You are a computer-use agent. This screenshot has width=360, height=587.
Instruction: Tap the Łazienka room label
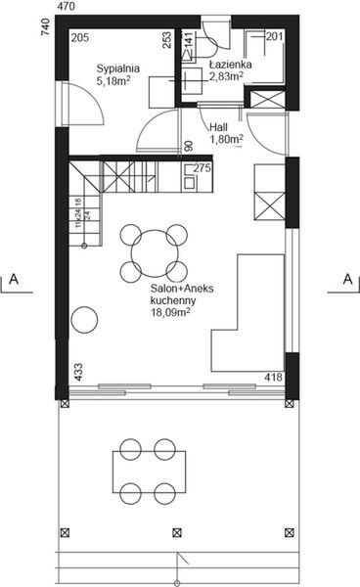[231, 64]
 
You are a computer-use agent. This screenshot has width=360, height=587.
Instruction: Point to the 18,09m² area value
[170, 314]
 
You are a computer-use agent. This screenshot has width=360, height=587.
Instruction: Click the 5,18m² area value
[114, 82]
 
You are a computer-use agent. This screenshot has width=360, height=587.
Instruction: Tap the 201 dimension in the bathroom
[274, 37]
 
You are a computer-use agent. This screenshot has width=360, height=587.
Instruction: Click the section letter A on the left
[16, 280]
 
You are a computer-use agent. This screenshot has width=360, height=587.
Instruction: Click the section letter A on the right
[346, 280]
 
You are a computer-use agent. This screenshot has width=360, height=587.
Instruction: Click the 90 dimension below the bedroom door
[188, 146]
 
